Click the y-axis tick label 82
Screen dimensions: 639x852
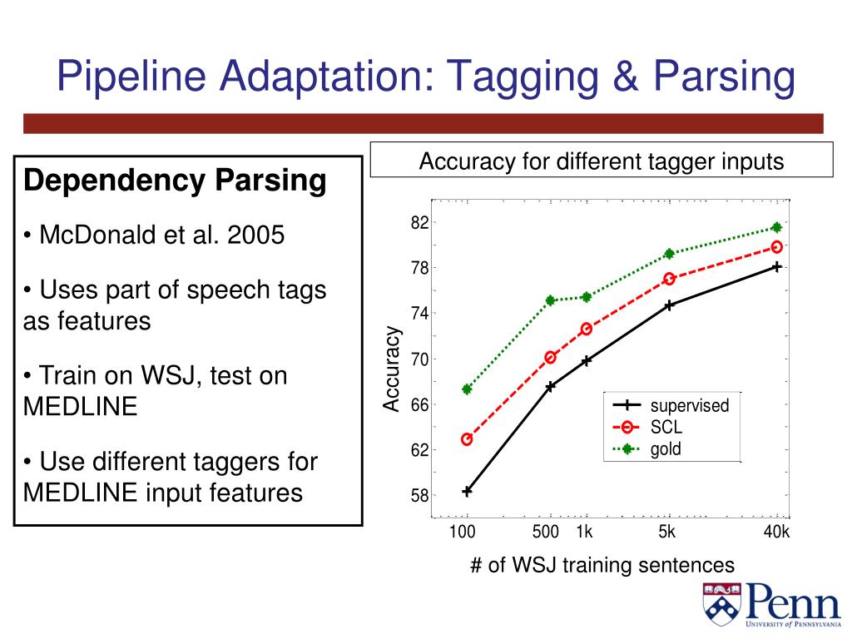[419, 223]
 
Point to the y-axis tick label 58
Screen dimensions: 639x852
[419, 495]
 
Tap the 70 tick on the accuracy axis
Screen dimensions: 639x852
[419, 359]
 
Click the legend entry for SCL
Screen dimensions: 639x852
[666, 428]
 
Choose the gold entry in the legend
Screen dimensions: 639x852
[666, 450]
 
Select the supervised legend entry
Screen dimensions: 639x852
[689, 406]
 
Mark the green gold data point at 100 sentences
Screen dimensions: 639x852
[467, 389]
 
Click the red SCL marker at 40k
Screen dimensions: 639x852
[777, 246]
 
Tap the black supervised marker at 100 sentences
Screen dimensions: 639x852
[467, 491]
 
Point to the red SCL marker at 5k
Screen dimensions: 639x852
[669, 279]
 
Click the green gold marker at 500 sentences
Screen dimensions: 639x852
[550, 300]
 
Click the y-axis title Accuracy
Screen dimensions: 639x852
[392, 369]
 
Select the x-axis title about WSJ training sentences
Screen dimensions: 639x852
[602, 566]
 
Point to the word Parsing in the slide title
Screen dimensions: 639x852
[724, 77]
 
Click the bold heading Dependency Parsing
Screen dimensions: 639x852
[175, 180]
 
